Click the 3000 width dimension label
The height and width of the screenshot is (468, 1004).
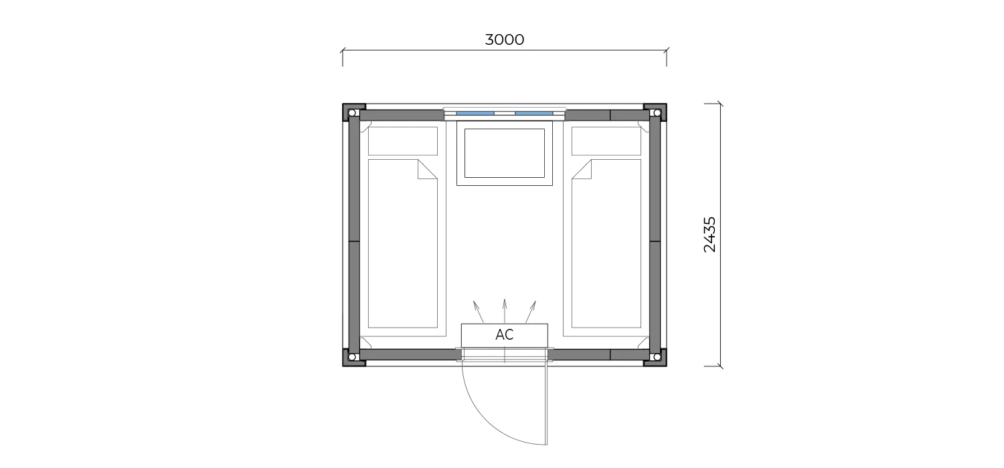pos(504,40)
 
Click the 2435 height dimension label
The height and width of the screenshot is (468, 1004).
pos(710,235)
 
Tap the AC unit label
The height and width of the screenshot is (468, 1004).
pos(504,334)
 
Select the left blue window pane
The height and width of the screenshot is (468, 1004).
pos(475,113)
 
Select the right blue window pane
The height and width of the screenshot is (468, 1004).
pos(533,113)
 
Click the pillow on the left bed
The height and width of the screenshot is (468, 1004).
pos(402,141)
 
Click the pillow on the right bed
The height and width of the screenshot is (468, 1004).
pos(606,141)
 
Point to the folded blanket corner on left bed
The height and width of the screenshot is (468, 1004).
pos(427,169)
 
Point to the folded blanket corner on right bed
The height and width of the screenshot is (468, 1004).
pos(582,169)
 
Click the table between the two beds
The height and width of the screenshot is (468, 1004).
pos(504,153)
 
